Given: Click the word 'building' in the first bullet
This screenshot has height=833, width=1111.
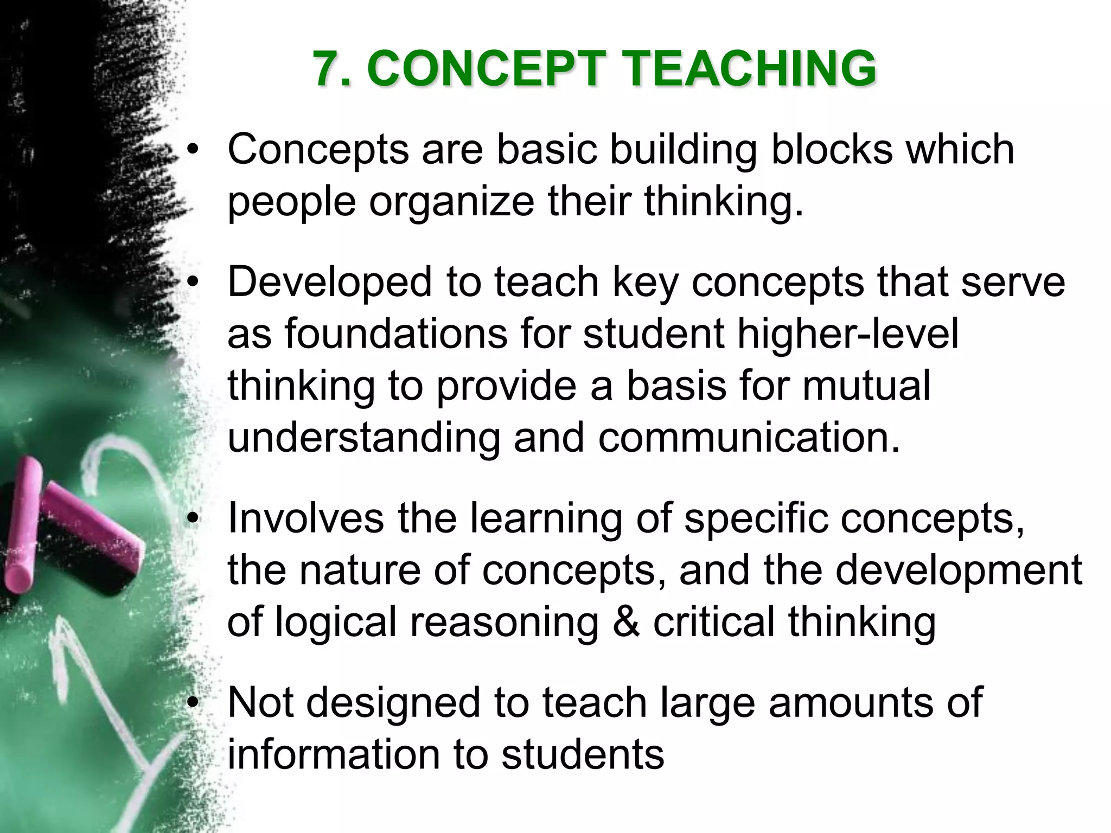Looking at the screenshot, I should [x=682, y=150].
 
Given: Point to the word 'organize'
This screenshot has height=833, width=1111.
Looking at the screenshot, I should [x=452, y=202].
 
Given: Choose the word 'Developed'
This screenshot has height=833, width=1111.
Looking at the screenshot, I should [x=329, y=282].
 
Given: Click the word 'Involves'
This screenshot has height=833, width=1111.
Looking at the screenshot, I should [x=305, y=518].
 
